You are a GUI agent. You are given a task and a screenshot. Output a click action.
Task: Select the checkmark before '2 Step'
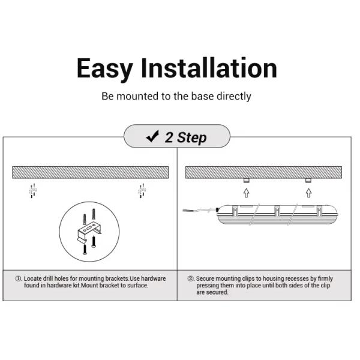[152, 137]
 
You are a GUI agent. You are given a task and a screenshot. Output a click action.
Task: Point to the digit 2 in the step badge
[170, 137]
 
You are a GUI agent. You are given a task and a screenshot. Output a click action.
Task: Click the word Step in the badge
[192, 138]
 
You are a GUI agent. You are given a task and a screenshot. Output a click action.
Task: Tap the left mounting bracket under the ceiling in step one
[34, 190]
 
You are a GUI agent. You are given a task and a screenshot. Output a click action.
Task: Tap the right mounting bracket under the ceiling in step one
[142, 190]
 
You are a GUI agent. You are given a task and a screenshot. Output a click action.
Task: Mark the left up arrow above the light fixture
[246, 193]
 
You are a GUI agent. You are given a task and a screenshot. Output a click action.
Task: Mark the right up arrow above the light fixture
[308, 193]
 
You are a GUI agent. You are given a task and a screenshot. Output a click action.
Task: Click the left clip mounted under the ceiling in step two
[246, 181]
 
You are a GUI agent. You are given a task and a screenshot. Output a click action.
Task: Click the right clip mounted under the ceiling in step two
[308, 181]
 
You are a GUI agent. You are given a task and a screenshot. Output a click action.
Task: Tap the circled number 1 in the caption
[18, 279]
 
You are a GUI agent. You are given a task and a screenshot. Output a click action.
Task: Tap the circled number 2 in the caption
[191, 279]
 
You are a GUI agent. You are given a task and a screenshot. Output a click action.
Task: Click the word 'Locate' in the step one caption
[34, 279]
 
